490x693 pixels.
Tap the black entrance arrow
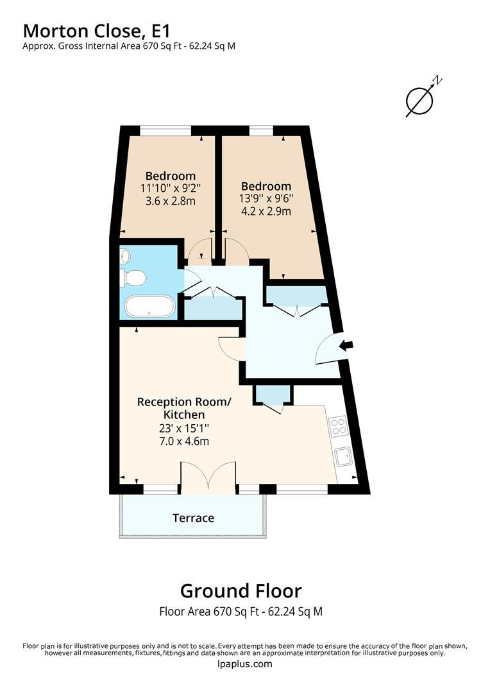[346, 346]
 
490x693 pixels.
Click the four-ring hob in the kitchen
[338, 426]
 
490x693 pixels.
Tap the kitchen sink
[344, 457]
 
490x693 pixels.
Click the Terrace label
[193, 518]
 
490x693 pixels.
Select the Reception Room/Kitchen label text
[183, 408]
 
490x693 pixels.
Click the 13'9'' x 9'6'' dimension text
[264, 199]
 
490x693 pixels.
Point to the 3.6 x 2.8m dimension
[170, 201]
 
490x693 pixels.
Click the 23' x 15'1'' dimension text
[183, 428]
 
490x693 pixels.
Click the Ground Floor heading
[241, 590]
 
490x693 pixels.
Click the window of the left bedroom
[165, 132]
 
